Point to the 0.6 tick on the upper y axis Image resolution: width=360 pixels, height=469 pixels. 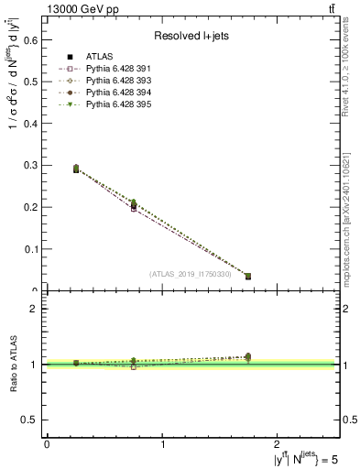pyautogui.click(x=29, y=39)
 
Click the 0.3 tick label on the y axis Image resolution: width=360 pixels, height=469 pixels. pyautogui.click(x=29, y=165)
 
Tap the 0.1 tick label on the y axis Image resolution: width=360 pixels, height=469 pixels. pyautogui.click(x=29, y=249)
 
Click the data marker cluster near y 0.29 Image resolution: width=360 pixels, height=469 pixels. pyautogui.click(x=76, y=169)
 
